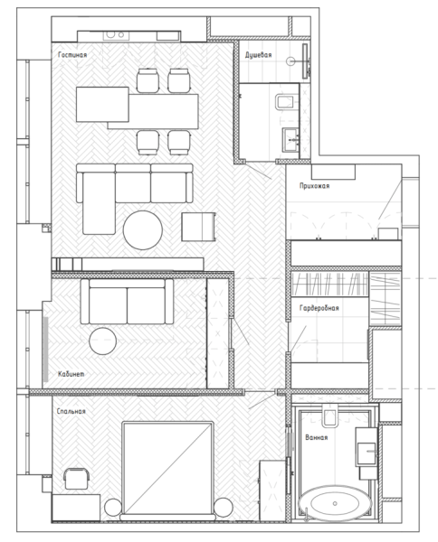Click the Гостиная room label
click(72, 55)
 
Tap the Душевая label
click(258, 55)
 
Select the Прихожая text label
click(314, 186)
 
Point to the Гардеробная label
click(319, 308)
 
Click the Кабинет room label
click(71, 374)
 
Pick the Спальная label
click(71, 411)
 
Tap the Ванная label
click(316, 437)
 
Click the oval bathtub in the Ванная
click(335, 503)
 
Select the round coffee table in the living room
click(143, 229)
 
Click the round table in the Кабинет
click(102, 341)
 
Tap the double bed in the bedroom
click(167, 470)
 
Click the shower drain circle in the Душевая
click(290, 61)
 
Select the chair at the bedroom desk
click(76, 479)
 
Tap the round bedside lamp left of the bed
click(113, 508)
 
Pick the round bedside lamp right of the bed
click(223, 507)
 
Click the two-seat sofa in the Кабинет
click(127, 301)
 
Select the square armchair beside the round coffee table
click(198, 227)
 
